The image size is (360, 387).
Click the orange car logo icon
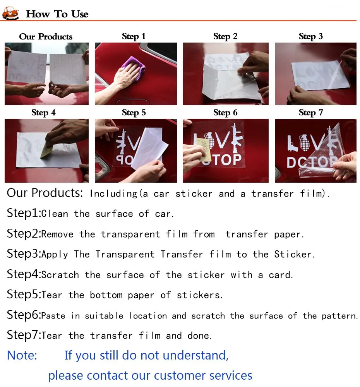[10, 14]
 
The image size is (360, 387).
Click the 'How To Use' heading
[57, 14]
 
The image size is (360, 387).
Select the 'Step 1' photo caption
[134, 36]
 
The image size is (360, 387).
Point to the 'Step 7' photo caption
[311, 113]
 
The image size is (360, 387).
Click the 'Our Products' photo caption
[46, 36]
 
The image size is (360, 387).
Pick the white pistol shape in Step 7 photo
[293, 143]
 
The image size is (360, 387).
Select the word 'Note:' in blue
[22, 355]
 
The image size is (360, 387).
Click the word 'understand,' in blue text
[196, 355]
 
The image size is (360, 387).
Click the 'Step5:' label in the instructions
[24, 295]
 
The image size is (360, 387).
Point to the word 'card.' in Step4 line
[281, 275]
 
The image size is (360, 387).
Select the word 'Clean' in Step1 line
[55, 214]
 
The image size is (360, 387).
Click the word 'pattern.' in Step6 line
[340, 316]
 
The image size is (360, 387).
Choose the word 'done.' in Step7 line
[199, 336]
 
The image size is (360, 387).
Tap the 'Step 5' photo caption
[134, 113]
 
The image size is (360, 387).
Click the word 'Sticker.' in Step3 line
[295, 254]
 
